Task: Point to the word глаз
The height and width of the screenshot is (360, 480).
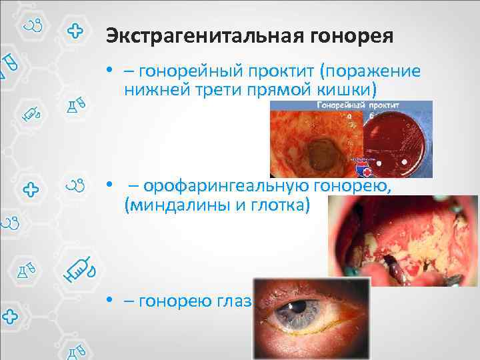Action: tap(233, 301)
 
